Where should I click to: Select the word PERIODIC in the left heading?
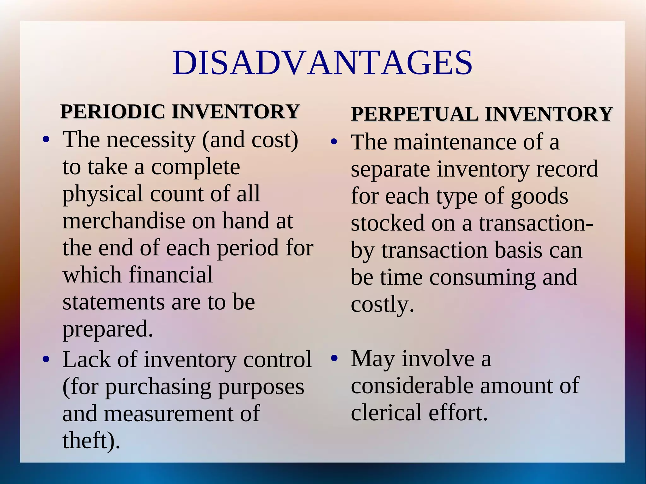[x=113, y=112]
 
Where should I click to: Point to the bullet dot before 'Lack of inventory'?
[x=46, y=359]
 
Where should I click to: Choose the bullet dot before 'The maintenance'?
[x=334, y=142]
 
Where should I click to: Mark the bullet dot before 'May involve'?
[x=334, y=359]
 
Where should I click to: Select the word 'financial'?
[x=171, y=275]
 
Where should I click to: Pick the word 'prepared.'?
[x=108, y=329]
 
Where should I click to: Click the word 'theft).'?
[x=91, y=440]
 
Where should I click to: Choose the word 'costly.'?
[x=382, y=305]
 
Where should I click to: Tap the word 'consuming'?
[x=482, y=277]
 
